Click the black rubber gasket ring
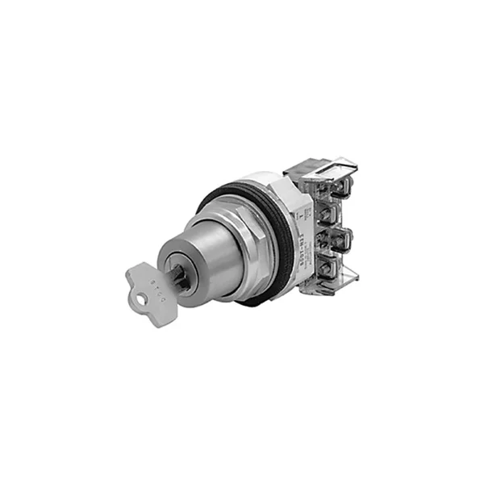click(x=278, y=242)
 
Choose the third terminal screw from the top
click(x=331, y=240)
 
